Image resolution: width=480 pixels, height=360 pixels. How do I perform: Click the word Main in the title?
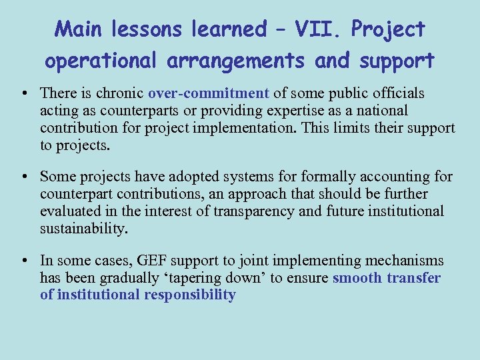point(76,29)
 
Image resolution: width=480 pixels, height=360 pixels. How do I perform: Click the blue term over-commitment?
point(208,93)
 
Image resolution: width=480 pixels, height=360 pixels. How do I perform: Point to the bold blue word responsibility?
point(189,295)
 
